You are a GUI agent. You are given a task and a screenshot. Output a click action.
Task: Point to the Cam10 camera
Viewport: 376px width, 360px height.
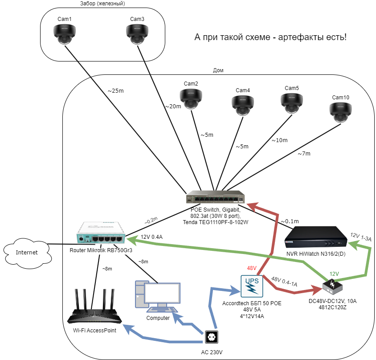pyautogui.click(x=340, y=112)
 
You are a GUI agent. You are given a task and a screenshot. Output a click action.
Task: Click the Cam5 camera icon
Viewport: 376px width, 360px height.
pyautogui.click(x=292, y=102)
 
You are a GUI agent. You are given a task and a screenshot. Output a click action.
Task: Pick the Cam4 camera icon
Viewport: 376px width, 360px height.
pyautogui.click(x=243, y=105)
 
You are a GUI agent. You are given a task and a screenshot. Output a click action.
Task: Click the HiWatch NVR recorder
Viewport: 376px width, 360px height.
pyautogui.click(x=315, y=238)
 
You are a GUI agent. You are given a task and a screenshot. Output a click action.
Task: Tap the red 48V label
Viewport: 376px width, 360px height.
pyautogui.click(x=252, y=268)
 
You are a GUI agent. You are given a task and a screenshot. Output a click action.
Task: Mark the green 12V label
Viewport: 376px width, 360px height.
pyautogui.click(x=335, y=274)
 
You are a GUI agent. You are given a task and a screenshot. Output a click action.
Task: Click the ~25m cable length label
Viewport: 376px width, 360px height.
pyautogui.click(x=115, y=90)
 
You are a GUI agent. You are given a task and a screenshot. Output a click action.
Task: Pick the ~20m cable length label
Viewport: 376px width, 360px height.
pyautogui.click(x=173, y=106)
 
